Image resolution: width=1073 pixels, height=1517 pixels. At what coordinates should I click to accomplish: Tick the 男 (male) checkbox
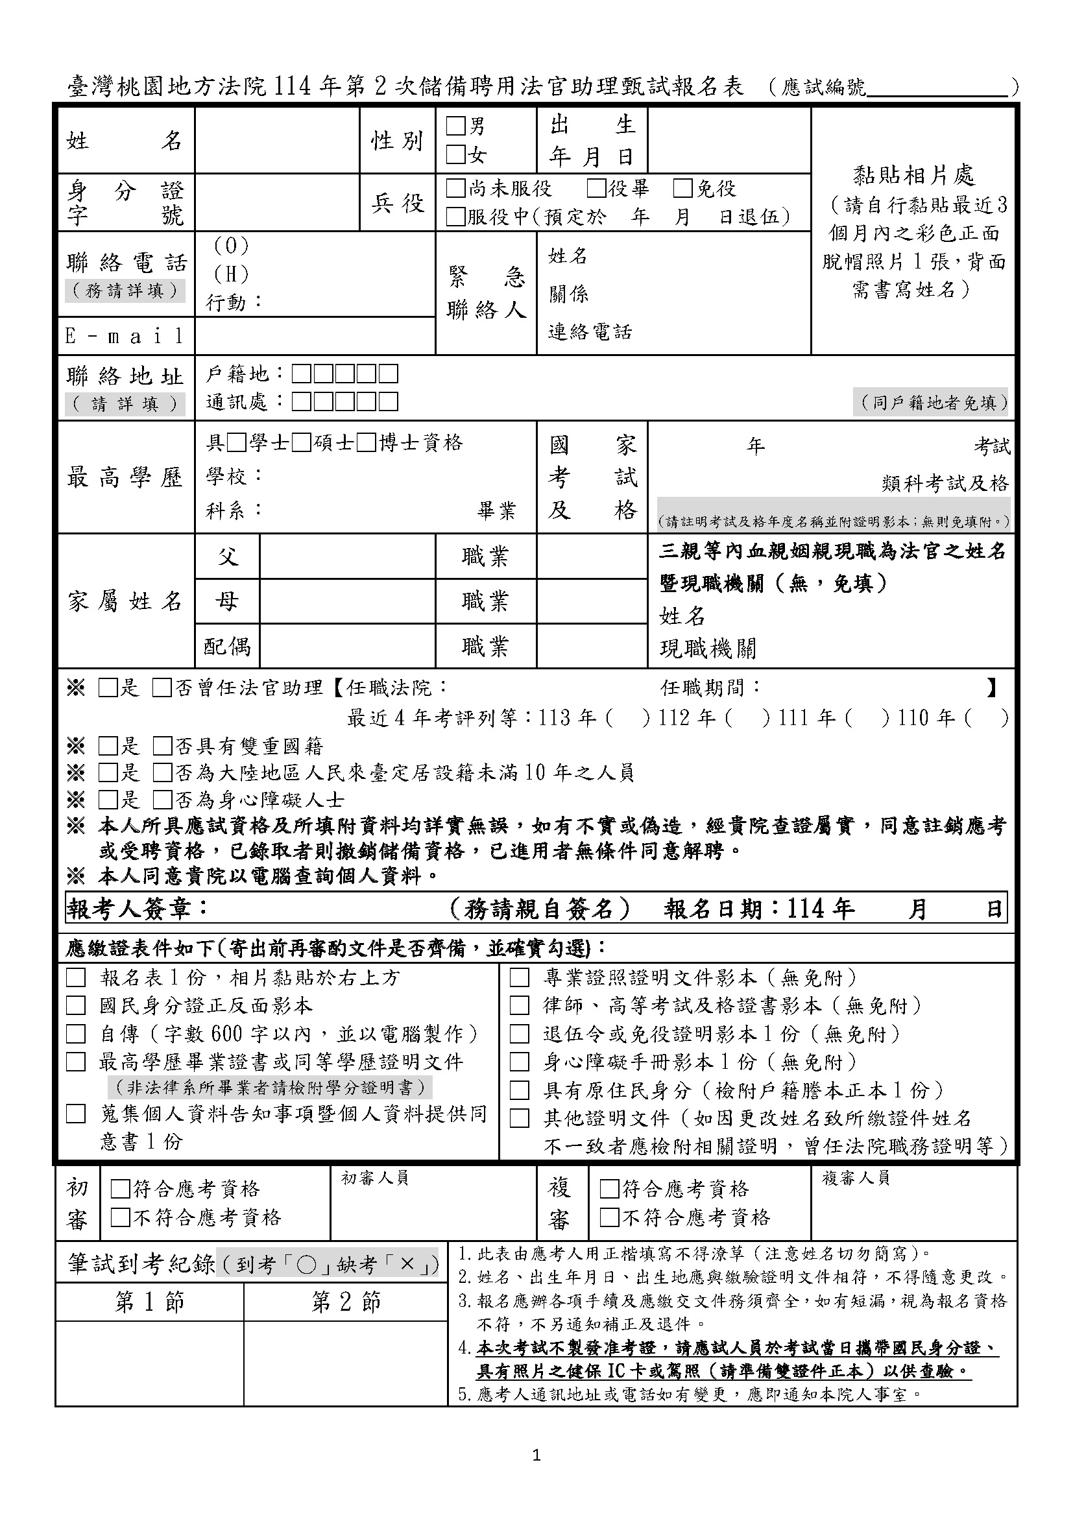[456, 126]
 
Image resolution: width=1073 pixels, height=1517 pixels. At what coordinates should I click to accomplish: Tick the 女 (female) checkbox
[456, 155]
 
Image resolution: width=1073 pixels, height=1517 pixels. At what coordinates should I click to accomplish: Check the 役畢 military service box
[597, 189]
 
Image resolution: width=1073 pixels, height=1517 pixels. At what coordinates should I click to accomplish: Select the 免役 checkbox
[682, 189]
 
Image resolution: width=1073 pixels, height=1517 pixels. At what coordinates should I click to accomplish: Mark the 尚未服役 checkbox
[456, 189]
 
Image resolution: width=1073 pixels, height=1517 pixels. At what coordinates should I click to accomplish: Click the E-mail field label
[125, 337]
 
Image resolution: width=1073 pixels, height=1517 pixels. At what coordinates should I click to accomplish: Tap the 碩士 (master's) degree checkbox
[301, 443]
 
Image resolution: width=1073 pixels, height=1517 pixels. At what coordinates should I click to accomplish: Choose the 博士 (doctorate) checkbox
[366, 443]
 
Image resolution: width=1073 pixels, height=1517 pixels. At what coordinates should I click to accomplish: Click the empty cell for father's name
[348, 556]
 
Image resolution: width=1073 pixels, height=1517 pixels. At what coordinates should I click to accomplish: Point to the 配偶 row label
[226, 645]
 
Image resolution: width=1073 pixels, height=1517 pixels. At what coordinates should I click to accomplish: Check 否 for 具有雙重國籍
[162, 747]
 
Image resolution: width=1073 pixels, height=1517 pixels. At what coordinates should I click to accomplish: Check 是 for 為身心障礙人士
[107, 800]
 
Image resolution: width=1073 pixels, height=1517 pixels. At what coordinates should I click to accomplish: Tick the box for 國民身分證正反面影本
[76, 1006]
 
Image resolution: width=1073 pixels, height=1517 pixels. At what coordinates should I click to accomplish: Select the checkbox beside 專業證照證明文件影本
[520, 978]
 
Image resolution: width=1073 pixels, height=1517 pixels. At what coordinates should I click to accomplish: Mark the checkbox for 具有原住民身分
[520, 1090]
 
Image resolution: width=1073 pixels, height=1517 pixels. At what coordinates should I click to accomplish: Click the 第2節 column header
[346, 1302]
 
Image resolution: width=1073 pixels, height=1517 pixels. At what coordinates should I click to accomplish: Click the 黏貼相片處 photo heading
[913, 175]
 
